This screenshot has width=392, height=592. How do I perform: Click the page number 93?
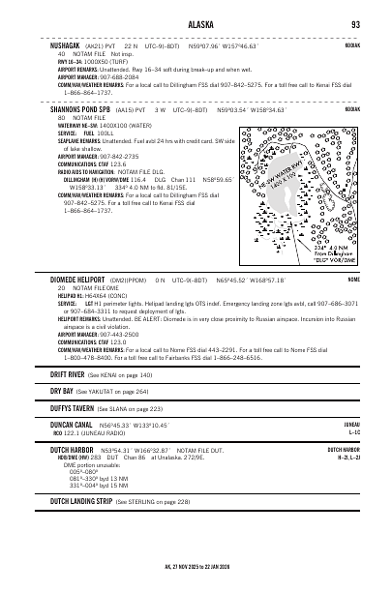tap(355, 24)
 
